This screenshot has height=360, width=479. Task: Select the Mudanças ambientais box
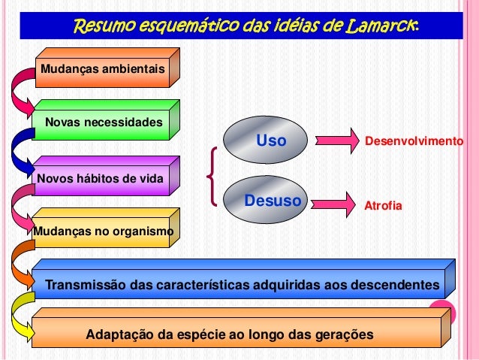click(102, 69)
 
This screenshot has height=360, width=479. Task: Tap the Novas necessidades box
click(103, 122)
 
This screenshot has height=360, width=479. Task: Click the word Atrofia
click(383, 204)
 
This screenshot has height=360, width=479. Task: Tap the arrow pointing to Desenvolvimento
click(338, 140)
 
